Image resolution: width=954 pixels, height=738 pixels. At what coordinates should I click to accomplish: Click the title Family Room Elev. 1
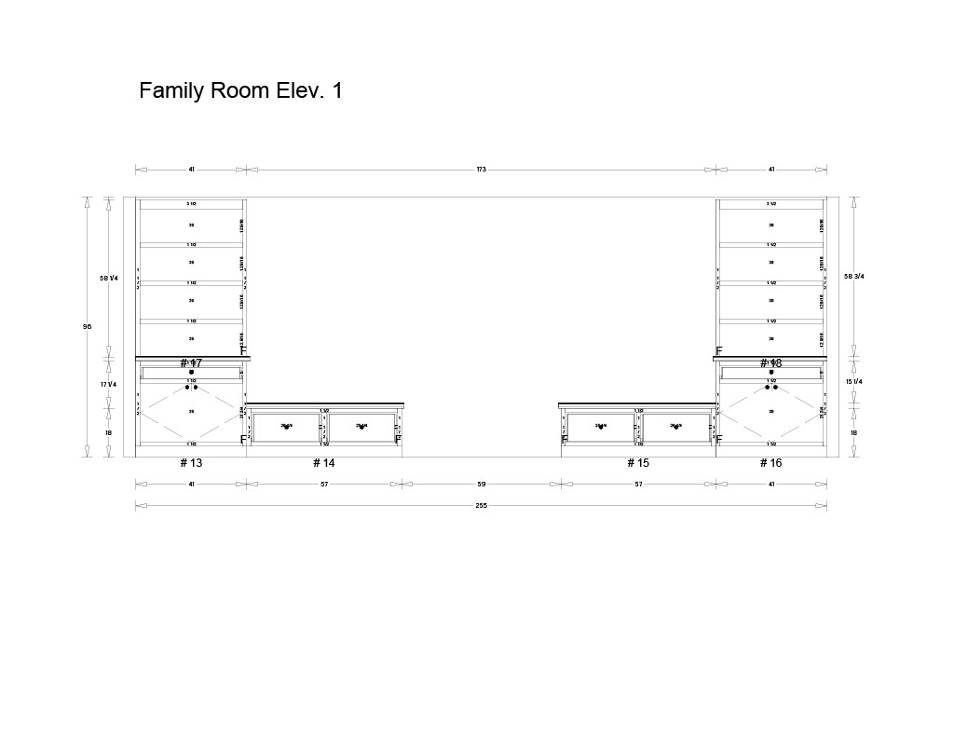click(x=240, y=90)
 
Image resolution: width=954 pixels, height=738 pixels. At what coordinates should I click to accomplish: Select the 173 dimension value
click(x=481, y=170)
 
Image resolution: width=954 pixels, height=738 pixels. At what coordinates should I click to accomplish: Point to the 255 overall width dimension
click(x=481, y=505)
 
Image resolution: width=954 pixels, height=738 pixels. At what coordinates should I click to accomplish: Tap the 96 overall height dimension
click(x=88, y=326)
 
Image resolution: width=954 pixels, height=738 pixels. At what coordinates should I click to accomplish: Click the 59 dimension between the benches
click(x=481, y=484)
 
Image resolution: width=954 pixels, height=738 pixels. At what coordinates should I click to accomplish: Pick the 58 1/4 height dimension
click(x=109, y=278)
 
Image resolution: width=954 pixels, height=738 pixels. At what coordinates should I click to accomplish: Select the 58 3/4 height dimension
click(x=854, y=276)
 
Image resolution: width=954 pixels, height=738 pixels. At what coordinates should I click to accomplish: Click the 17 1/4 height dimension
click(x=109, y=384)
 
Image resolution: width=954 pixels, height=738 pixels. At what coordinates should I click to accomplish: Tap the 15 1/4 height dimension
click(x=854, y=382)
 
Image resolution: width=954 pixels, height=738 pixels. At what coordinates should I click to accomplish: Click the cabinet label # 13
click(x=190, y=463)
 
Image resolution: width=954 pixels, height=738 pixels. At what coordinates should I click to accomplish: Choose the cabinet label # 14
click(x=323, y=463)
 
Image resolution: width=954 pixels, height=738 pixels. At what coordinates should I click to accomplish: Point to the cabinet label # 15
click(x=638, y=463)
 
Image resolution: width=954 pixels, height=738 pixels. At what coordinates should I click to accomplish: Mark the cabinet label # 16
click(x=770, y=463)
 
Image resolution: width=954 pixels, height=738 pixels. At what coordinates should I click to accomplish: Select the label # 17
click(x=191, y=363)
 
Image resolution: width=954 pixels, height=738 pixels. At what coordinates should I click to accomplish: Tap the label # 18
click(x=770, y=363)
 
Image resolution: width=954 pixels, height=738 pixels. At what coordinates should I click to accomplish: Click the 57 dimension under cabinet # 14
click(x=324, y=484)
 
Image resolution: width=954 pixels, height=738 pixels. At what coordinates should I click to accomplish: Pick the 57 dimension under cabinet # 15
click(x=638, y=484)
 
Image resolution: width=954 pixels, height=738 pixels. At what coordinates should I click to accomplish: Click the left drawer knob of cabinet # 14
click(x=286, y=428)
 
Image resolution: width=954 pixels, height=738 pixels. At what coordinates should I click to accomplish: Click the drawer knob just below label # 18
click(x=771, y=373)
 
